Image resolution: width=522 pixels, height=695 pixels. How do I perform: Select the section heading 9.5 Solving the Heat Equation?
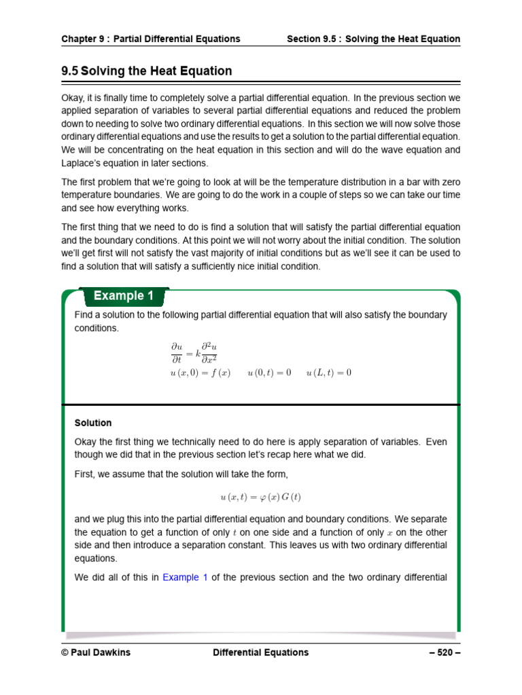point(147,71)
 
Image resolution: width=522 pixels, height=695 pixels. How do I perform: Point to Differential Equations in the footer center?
point(260,652)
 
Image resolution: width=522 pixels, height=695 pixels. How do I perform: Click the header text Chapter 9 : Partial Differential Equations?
point(151,39)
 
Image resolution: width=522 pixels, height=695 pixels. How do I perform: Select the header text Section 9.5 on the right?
point(373,39)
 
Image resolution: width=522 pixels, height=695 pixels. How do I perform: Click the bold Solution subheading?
point(93,423)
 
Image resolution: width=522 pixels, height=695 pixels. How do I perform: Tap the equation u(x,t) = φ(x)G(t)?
point(261,497)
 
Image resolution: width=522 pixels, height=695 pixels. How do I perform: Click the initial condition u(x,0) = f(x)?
point(201,373)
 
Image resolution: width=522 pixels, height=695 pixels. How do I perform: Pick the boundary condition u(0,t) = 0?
point(269,373)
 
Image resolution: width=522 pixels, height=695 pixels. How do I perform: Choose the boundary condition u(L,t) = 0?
point(329,373)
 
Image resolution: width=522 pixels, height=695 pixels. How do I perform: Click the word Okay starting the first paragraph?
point(73,98)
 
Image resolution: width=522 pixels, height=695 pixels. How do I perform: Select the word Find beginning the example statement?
point(83,315)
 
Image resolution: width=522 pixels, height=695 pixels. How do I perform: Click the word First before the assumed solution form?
point(84,473)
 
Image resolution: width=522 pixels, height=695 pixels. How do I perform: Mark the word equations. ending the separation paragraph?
point(96,559)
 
